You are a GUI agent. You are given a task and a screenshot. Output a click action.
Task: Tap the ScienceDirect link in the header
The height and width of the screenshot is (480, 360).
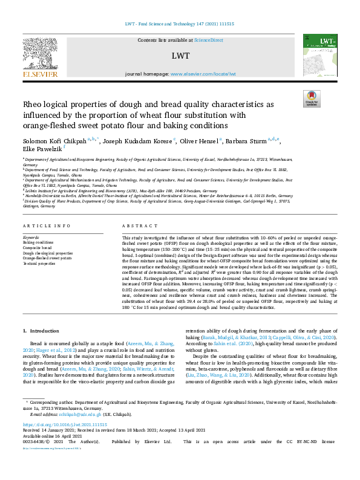(x=209, y=40)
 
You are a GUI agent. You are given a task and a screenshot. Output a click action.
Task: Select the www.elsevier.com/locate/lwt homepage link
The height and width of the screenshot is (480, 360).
(x=203, y=74)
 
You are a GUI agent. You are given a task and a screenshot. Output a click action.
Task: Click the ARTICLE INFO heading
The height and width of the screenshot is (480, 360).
(x=44, y=225)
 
